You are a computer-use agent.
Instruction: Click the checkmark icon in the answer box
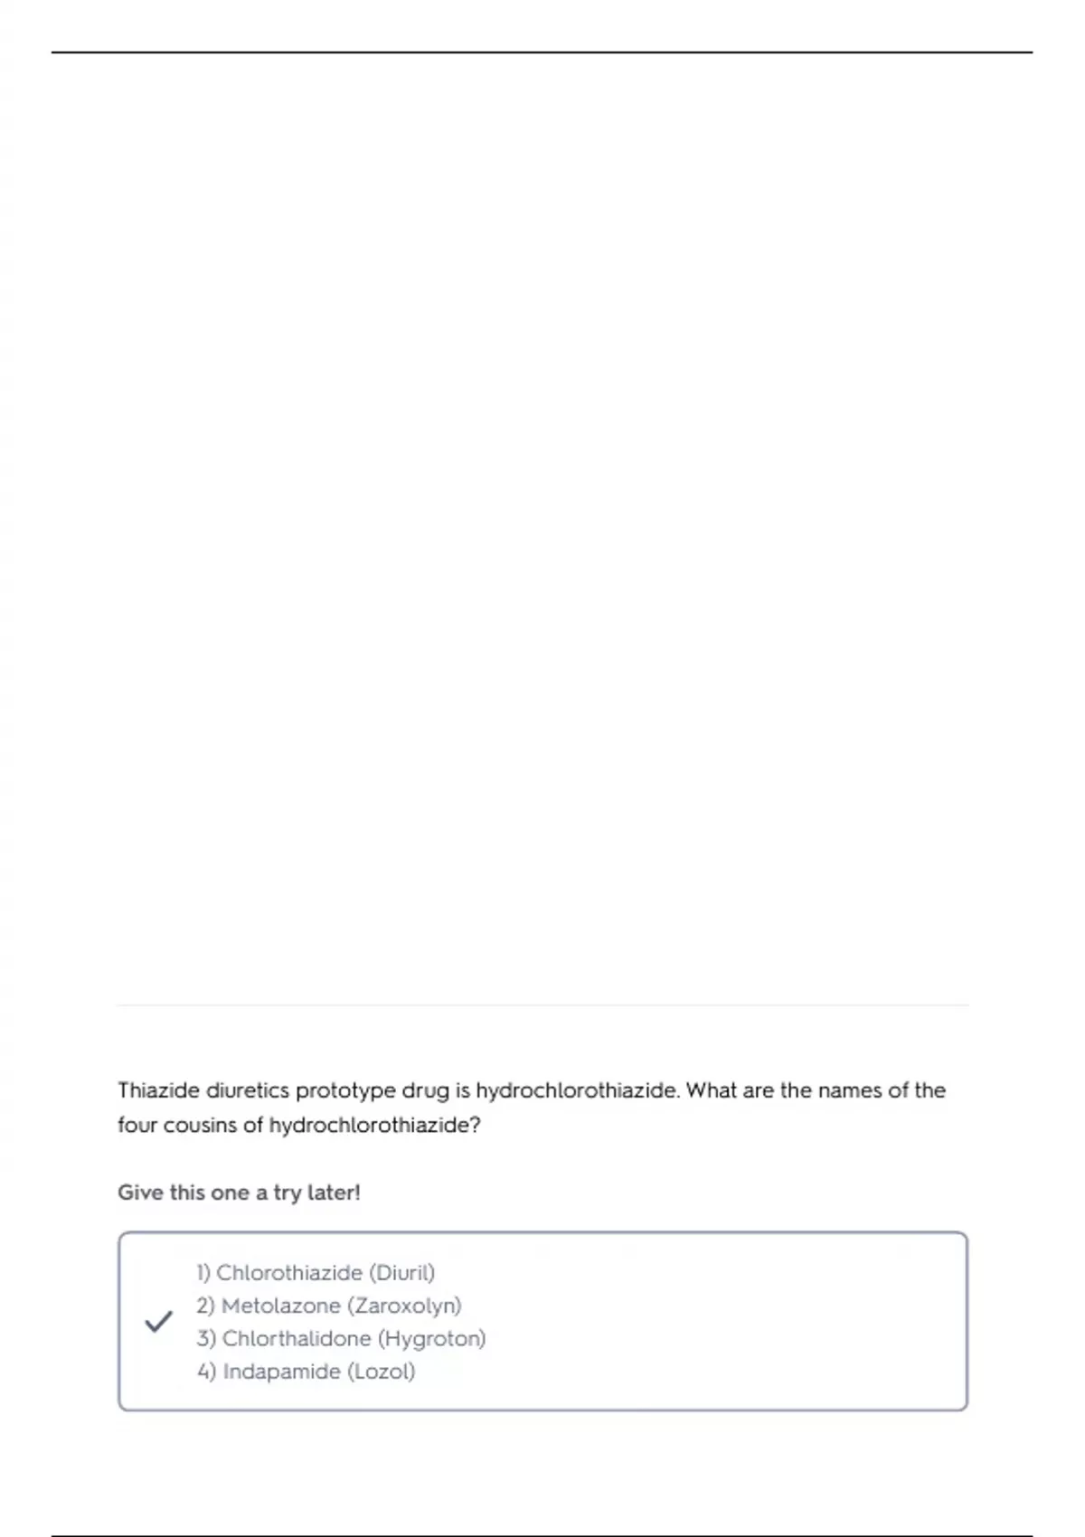pos(158,1322)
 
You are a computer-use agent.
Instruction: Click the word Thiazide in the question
pos(158,1090)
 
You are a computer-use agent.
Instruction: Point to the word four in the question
pos(137,1125)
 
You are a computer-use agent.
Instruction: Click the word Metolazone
pos(280,1306)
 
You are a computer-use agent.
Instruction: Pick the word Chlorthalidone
pos(297,1338)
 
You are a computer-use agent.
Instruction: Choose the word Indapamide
pos(281,1372)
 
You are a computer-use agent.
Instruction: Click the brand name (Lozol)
pos(382,1372)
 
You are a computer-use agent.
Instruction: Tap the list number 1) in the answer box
pos(203,1273)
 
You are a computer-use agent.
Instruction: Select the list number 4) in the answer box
pos(206,1372)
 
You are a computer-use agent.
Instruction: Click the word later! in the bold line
pos(334,1193)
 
